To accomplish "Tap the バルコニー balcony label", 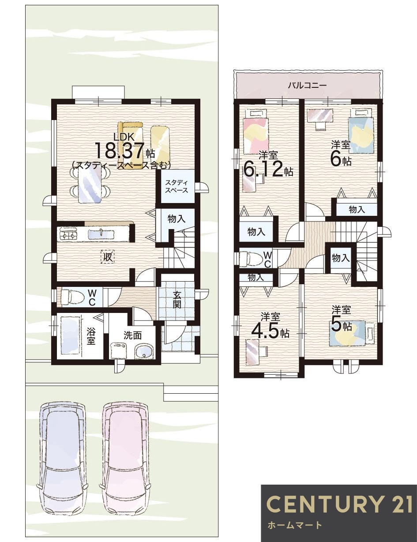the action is pos(307,86).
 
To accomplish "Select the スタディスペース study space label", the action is pos(177,186).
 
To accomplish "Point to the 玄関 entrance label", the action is pos(177,300).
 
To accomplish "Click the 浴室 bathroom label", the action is pos(91,336).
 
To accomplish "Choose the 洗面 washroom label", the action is pos(133,336).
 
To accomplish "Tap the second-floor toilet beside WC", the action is pos(250,259).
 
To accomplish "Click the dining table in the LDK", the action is pos(90,184).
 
